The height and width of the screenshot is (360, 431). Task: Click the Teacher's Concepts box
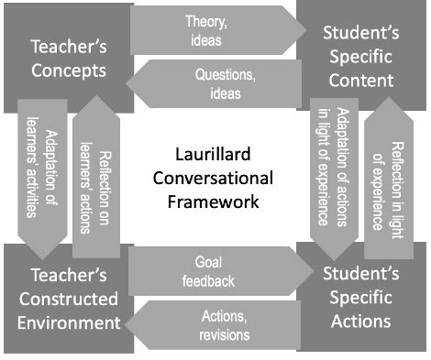(x=66, y=57)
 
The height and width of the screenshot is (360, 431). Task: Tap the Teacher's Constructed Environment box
(x=66, y=299)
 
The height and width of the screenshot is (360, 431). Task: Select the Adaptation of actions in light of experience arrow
(x=332, y=169)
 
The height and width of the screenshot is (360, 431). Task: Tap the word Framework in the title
(x=216, y=200)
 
